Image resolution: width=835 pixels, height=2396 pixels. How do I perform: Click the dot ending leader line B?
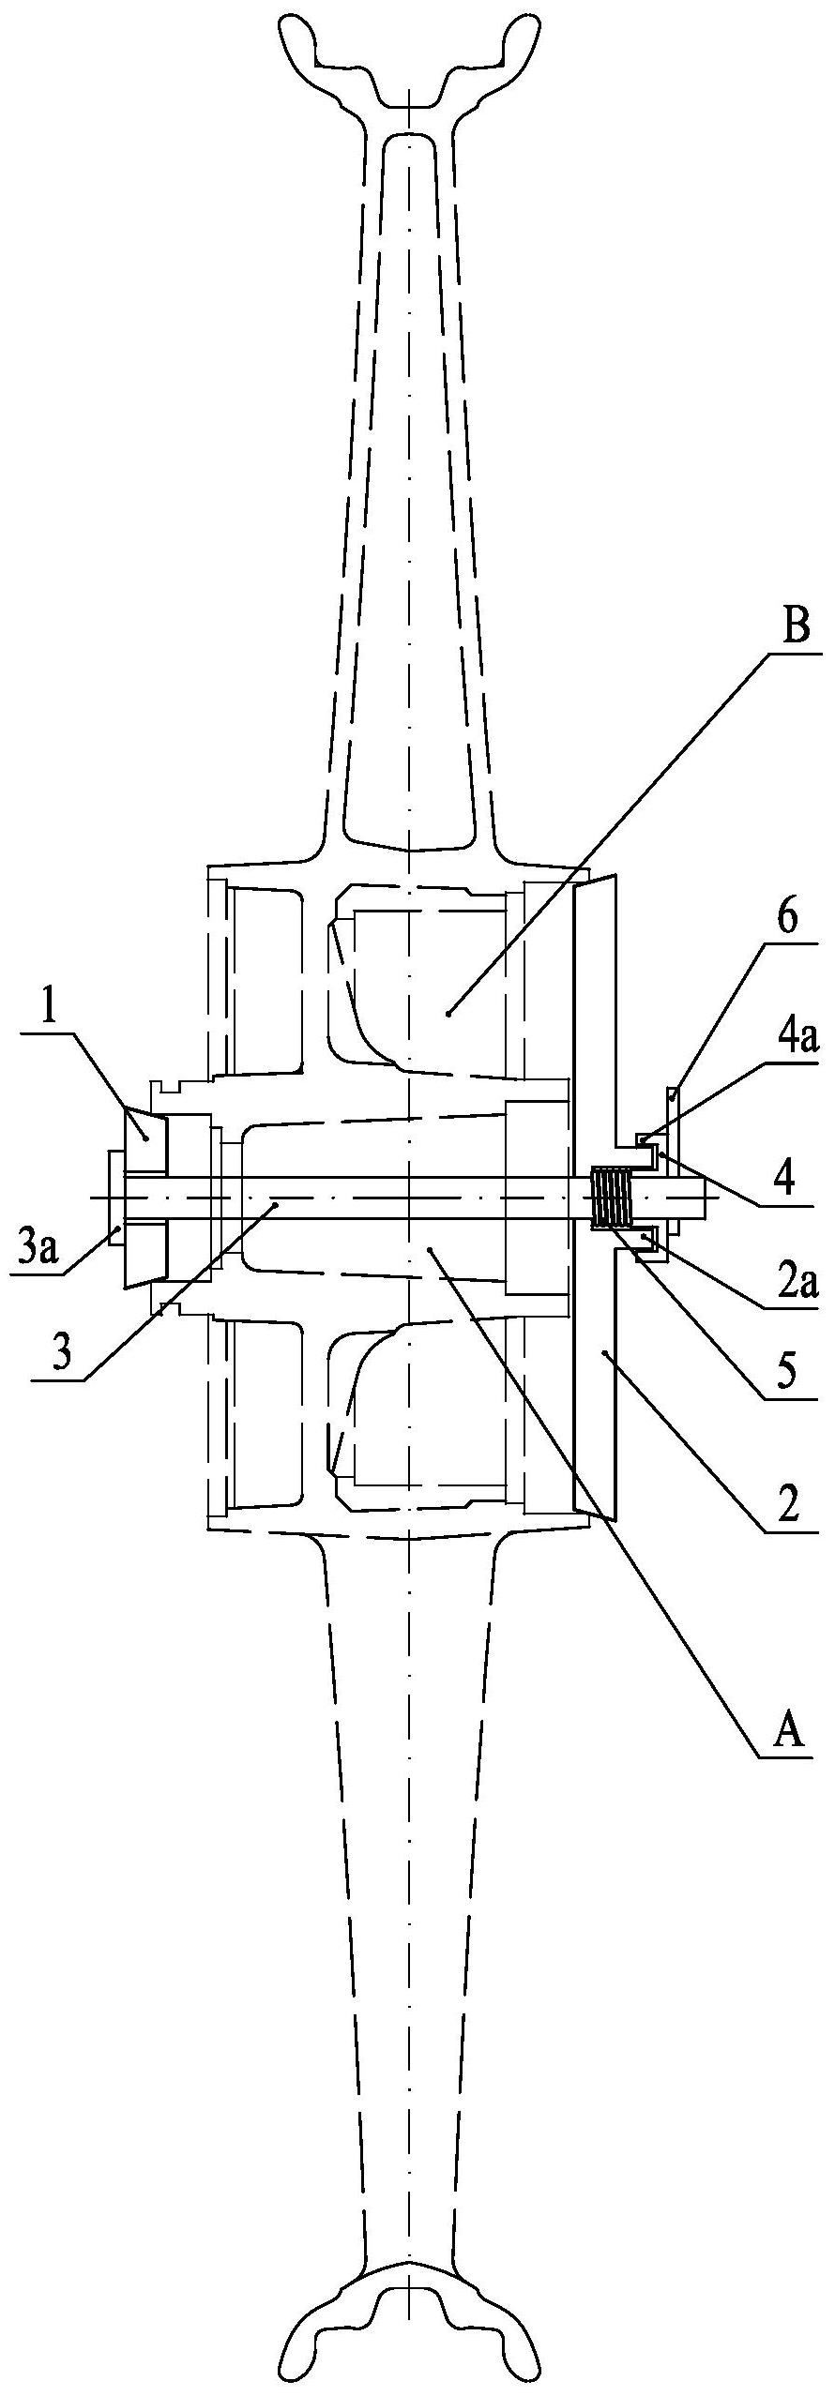coord(449,1014)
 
